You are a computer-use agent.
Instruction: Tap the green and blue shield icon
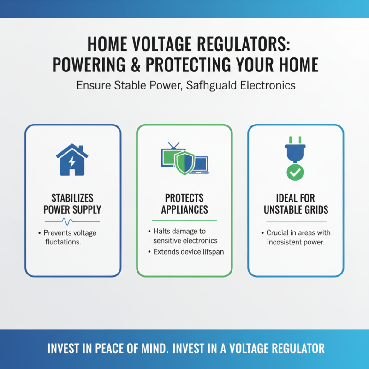[184, 161]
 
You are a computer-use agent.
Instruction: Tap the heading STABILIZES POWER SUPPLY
[72, 204]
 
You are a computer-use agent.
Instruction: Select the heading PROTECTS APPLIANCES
[184, 204]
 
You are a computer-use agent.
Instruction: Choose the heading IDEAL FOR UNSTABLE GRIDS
[296, 204]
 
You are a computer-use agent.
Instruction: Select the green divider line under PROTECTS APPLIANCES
[184, 220]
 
